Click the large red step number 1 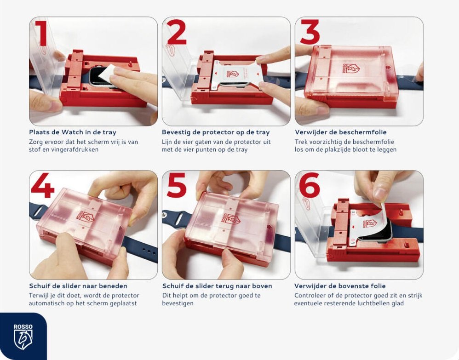pyautogui.click(x=42, y=33)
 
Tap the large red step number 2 pyautogui.click(x=177, y=32)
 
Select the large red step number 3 pyautogui.click(x=310, y=32)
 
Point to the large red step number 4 pyautogui.click(x=43, y=186)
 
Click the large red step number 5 pyautogui.click(x=177, y=185)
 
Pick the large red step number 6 pyautogui.click(x=310, y=185)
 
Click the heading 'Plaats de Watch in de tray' pyautogui.click(x=73, y=132)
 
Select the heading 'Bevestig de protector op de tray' pyautogui.click(x=216, y=132)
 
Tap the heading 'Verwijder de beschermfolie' pyautogui.click(x=341, y=132)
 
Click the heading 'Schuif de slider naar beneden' pyautogui.click(x=78, y=286)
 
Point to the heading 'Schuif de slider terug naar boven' pyautogui.click(x=217, y=286)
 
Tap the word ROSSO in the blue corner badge pyautogui.click(x=23, y=327)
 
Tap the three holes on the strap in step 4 pyautogui.click(x=149, y=251)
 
